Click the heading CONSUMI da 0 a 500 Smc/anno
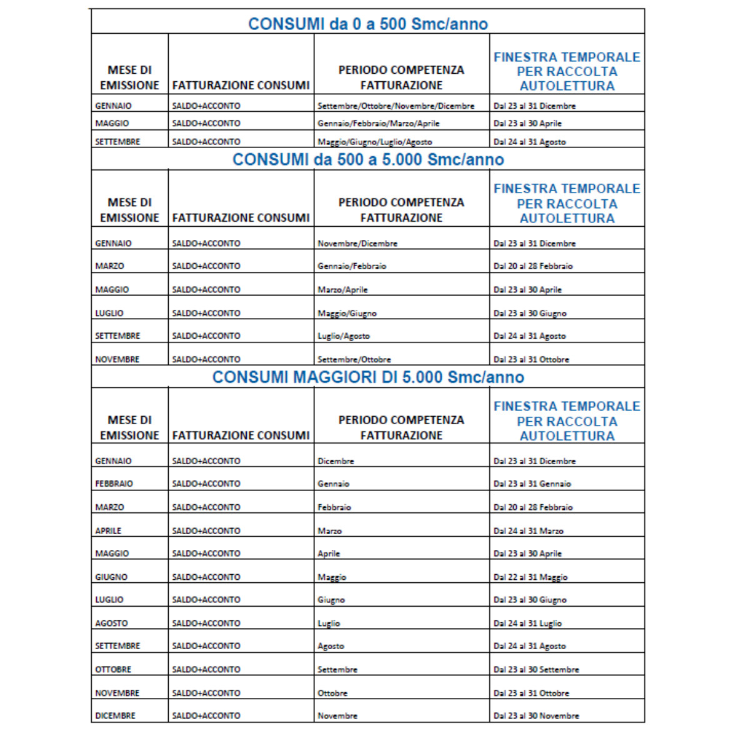tap(368, 24)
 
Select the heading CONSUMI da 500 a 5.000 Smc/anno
tap(368, 160)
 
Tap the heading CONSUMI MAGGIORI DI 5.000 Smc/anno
tap(368, 377)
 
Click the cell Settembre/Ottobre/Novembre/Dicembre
tap(395, 106)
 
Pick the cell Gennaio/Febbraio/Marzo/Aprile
tap(378, 124)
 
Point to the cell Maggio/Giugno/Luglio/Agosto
tap(374, 142)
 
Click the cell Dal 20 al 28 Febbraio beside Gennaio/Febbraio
tap(533, 266)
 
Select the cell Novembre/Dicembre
tap(357, 244)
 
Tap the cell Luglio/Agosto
tap(344, 336)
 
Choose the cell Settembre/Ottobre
tap(354, 360)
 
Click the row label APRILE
tap(108, 531)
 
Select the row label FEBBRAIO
tap(114, 484)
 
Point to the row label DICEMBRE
tap(115, 716)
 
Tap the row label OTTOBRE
tap(113, 670)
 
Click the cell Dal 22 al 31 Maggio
tap(530, 577)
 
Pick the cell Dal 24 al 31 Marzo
tap(529, 531)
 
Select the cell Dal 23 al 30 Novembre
tap(536, 716)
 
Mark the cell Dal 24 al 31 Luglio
tap(527, 624)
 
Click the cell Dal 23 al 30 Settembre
tap(536, 670)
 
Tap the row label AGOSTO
tap(111, 624)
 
